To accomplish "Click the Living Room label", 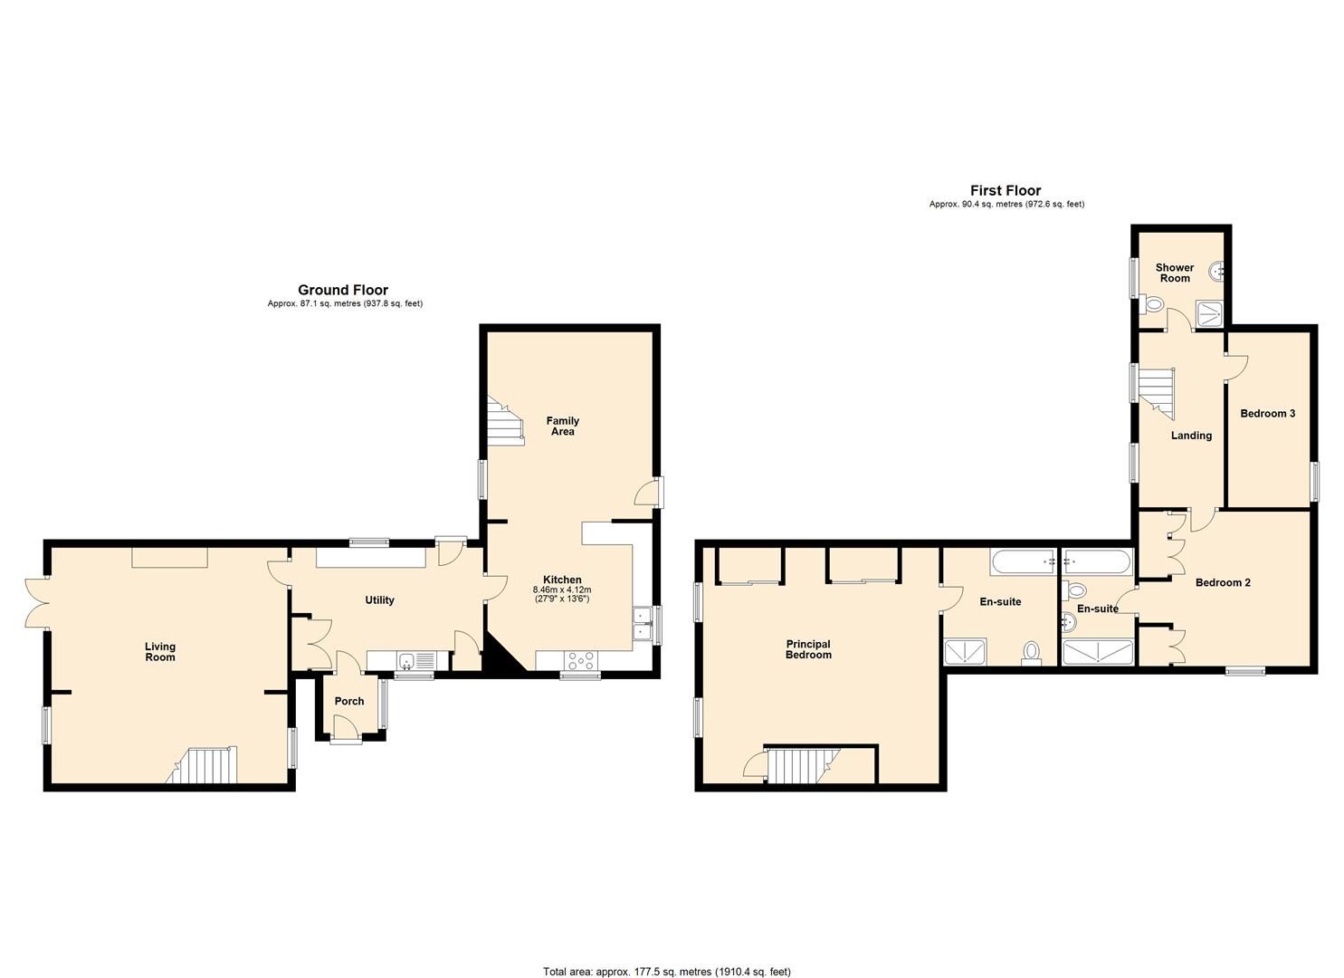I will tap(160, 652).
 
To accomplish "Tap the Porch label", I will tap(349, 702).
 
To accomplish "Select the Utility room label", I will tap(379, 600).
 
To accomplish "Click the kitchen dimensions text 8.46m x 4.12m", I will tap(561, 590).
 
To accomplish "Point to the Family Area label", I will tap(562, 427).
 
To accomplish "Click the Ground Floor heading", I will tap(343, 291).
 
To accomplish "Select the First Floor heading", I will tap(1006, 191).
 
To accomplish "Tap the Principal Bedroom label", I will tap(807, 650).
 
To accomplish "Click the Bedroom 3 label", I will tap(1267, 414).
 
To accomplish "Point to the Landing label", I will tap(1191, 436).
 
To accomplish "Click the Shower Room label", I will tap(1175, 273).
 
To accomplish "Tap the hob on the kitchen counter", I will tap(580, 662).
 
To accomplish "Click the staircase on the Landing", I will tap(1156, 391).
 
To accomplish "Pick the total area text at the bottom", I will tap(667, 972).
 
